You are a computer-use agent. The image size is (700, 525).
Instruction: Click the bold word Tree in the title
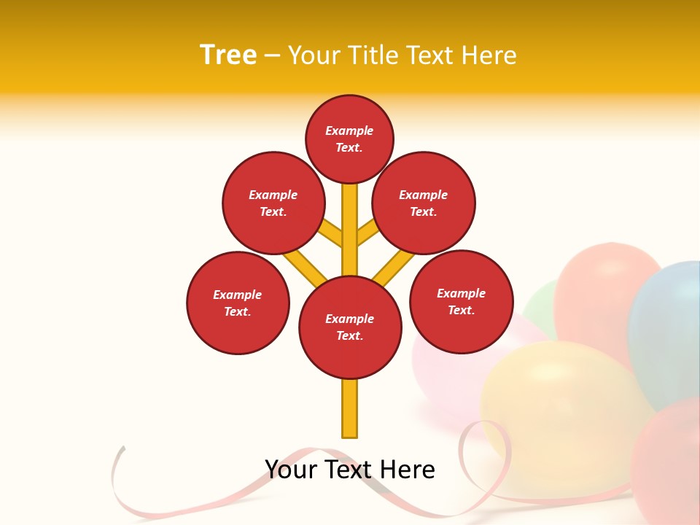click(228, 55)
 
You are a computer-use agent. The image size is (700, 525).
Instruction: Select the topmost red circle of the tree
click(349, 139)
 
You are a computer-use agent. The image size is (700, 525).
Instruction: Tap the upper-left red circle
click(273, 203)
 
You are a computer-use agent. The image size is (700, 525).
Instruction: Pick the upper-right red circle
click(424, 203)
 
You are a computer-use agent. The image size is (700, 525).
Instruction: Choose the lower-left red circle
click(238, 303)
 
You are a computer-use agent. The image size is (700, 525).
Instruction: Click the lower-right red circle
click(461, 301)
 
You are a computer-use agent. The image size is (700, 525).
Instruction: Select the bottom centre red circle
click(350, 327)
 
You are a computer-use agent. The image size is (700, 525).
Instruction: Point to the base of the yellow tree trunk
click(350, 430)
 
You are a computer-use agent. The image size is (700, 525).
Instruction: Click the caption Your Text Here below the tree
click(350, 470)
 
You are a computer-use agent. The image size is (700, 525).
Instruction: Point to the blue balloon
click(667, 328)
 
